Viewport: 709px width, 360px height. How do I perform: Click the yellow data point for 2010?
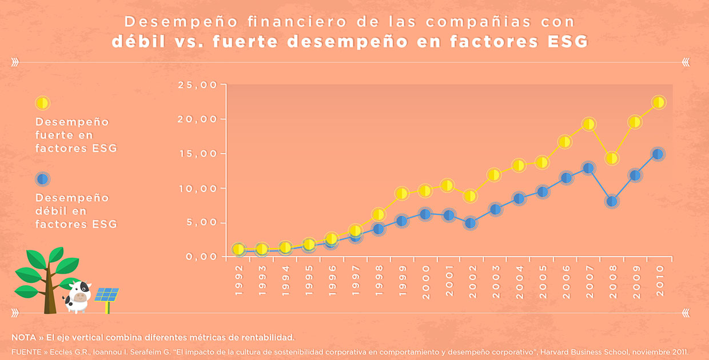tap(658, 102)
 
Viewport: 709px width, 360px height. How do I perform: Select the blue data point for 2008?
tap(612, 202)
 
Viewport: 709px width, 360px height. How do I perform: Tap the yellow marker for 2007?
tap(588, 124)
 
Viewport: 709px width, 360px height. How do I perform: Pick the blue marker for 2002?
tap(470, 223)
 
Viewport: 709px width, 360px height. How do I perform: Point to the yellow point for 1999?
tap(401, 194)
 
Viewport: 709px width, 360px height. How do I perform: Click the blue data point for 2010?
tap(658, 154)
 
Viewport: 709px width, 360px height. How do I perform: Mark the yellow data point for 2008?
tap(612, 158)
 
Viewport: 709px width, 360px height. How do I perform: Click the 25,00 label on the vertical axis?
tap(198, 85)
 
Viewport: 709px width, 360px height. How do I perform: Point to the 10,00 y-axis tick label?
tap(198, 189)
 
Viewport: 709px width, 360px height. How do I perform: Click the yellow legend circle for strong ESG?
tap(42, 103)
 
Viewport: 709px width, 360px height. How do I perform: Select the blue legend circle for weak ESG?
tap(42, 179)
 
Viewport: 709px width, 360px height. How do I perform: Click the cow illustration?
tap(77, 296)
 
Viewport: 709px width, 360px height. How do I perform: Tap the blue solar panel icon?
tap(106, 295)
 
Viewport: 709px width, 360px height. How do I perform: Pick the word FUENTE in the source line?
tap(25, 351)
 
